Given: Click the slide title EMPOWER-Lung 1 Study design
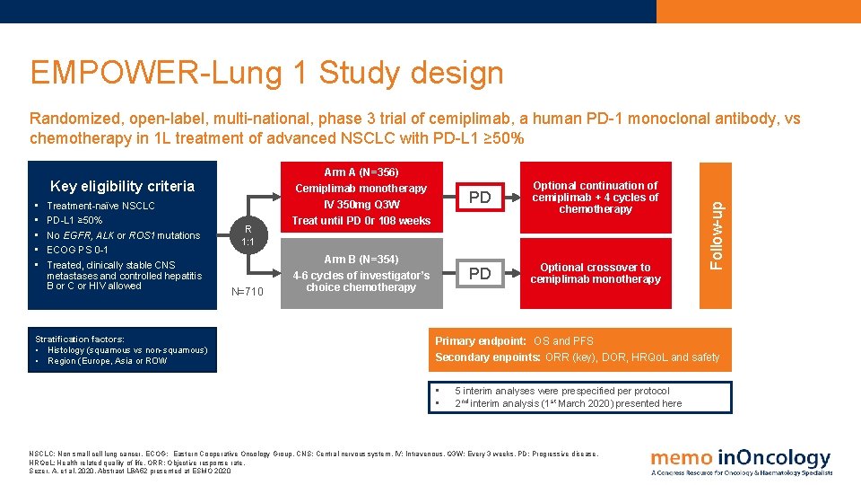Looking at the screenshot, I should pos(266,72).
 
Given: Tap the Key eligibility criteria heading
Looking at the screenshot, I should pos(122,187).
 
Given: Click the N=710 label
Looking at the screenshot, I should pos(248,291).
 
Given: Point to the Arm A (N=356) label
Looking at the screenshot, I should pos(361,172).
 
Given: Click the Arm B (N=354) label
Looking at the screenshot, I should pos(361,260).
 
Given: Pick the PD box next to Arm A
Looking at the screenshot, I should pos(480,197).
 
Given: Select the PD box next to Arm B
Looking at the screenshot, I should pos(480,274).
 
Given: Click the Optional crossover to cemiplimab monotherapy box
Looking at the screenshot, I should pos(595,273).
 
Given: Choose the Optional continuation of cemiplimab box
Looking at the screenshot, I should pos(595,198).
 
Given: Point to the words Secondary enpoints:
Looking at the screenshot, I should pos(488,357).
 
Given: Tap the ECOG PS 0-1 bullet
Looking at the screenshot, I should pos(77,250).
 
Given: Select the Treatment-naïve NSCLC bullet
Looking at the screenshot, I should pos(100,207).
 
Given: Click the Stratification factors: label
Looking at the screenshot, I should pos(79,339).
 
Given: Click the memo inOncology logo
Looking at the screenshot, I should pos(741,461).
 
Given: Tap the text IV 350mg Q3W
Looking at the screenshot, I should pos(361,205).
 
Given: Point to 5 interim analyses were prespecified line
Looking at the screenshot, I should pos(561,391).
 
